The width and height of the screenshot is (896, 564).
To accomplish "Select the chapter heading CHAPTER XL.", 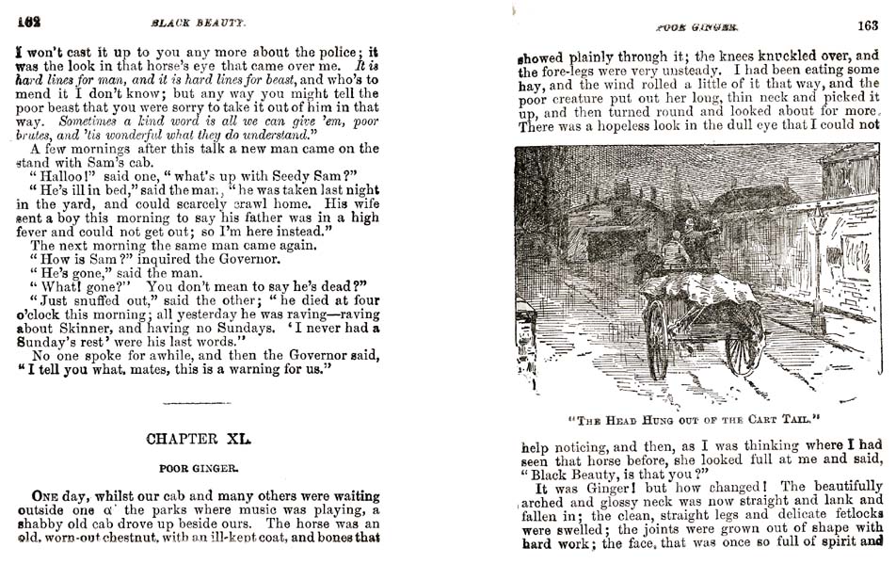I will coord(200,439).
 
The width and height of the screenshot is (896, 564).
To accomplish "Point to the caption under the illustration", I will coord(696,417).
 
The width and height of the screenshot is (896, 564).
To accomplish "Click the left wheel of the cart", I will coord(656,339).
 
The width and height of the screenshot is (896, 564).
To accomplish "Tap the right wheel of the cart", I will coord(744,339).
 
